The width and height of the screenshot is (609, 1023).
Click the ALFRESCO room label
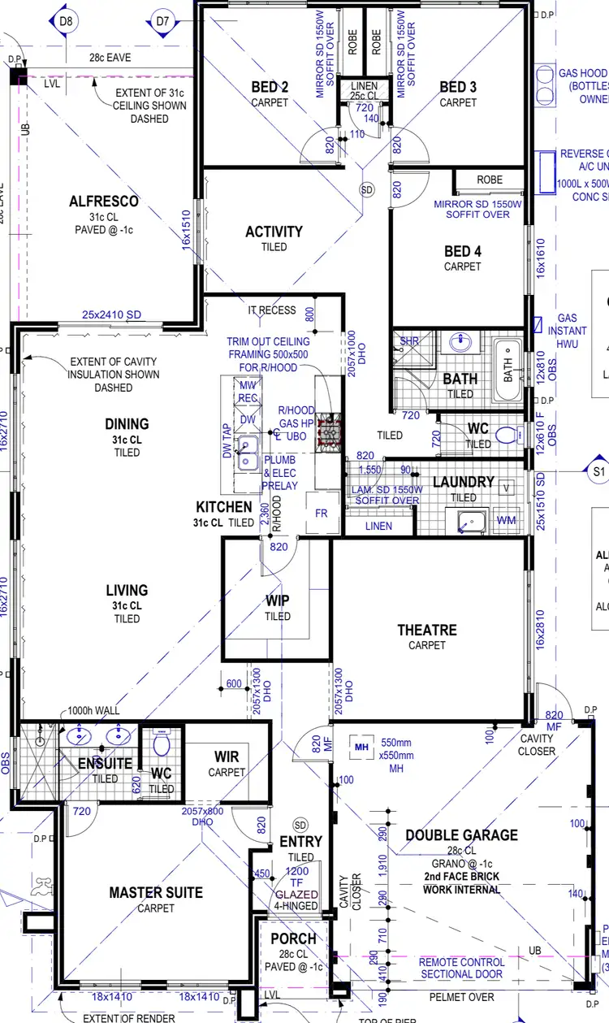tap(104, 202)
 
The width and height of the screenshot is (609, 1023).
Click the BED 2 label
tap(270, 88)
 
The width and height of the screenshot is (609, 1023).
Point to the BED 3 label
tap(458, 88)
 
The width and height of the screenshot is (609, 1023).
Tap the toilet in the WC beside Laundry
tap(507, 435)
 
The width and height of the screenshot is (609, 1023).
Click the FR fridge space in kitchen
tap(322, 514)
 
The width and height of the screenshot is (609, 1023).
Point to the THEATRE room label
tap(427, 630)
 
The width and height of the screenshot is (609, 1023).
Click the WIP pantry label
tap(277, 601)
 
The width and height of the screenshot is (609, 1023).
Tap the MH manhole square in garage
tap(358, 744)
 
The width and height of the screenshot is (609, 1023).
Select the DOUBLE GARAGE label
tap(461, 835)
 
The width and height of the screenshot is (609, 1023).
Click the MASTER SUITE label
tap(156, 893)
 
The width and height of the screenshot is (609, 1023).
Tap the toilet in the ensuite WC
tap(161, 743)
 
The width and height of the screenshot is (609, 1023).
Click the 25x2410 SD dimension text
tap(111, 314)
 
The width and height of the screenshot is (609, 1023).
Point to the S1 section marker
tap(599, 470)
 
